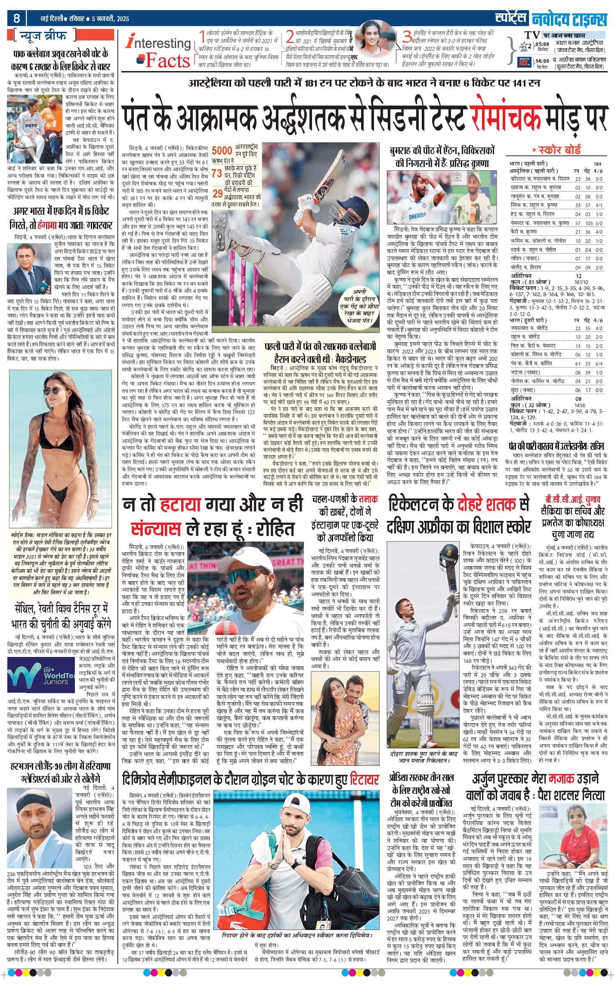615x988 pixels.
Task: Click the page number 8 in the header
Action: click(x=17, y=18)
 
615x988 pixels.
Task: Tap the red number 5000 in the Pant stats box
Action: click(x=222, y=150)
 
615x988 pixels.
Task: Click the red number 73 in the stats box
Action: click(x=216, y=173)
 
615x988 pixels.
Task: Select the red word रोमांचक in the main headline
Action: click(x=505, y=118)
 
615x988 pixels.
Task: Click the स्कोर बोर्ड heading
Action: click(x=559, y=150)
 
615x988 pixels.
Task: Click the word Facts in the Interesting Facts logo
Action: click(x=168, y=61)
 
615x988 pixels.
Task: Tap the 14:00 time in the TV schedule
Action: click(x=542, y=61)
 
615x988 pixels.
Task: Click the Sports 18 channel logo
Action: click(x=524, y=62)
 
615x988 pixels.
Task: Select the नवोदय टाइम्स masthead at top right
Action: click(x=569, y=20)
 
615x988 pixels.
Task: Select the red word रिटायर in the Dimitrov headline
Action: click(x=364, y=779)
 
